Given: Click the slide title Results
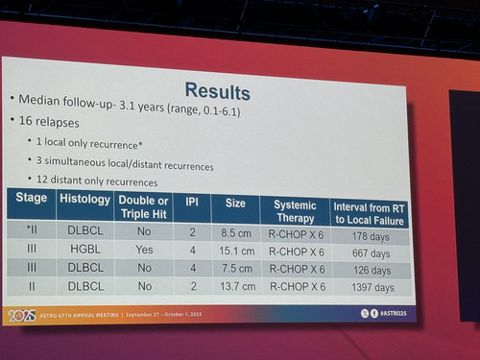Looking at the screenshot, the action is click(218, 91).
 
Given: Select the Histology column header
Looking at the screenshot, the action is click(84, 199).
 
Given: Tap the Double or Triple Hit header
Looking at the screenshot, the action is click(144, 207).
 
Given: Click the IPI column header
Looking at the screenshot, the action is click(192, 202).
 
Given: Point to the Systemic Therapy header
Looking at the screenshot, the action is click(295, 211).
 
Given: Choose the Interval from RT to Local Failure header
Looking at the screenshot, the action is click(369, 214).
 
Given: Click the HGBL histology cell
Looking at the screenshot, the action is click(85, 249).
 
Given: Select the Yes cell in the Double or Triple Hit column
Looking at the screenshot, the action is click(144, 250).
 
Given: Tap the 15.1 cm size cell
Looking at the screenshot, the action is click(237, 251).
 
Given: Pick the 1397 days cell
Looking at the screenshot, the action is click(372, 287).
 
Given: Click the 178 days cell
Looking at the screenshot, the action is click(371, 236).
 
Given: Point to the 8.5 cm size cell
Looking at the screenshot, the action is click(236, 233).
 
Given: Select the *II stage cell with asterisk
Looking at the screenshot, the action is click(32, 229).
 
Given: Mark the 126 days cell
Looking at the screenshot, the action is click(372, 271).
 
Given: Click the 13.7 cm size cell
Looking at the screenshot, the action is click(238, 286).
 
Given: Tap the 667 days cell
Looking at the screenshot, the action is click(372, 253).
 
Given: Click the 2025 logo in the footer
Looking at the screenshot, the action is click(22, 316).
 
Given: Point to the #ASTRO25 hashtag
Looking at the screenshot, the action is click(394, 314).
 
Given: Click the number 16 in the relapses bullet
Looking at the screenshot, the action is click(26, 121).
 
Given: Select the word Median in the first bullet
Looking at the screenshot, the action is click(39, 100).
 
